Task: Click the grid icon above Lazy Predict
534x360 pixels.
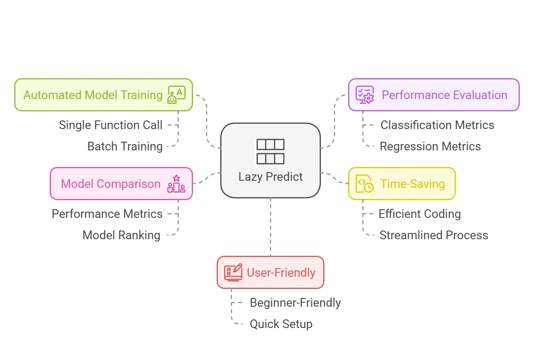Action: click(x=270, y=151)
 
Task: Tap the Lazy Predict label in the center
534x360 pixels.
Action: click(x=270, y=176)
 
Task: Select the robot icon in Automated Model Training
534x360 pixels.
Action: click(x=176, y=95)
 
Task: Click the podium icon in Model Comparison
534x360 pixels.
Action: click(x=176, y=184)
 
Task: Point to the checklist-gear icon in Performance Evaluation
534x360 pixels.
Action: click(x=364, y=95)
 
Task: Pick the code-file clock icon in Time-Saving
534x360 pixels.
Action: click(x=364, y=184)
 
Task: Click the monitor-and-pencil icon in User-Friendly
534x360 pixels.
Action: click(x=233, y=272)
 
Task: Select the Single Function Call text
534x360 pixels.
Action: click(x=111, y=125)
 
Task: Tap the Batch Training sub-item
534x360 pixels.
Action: click(x=125, y=146)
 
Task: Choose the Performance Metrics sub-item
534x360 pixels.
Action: click(x=107, y=214)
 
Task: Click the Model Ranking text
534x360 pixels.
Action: click(x=121, y=235)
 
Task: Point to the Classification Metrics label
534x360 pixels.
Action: click(x=437, y=125)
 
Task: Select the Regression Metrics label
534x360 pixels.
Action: click(x=430, y=146)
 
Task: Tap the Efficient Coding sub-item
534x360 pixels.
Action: click(x=420, y=214)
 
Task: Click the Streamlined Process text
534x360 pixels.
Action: click(x=433, y=235)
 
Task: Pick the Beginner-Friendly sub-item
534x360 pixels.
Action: click(x=295, y=303)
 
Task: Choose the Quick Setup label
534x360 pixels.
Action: click(x=281, y=324)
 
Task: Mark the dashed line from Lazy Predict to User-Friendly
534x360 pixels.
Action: click(x=270, y=227)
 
